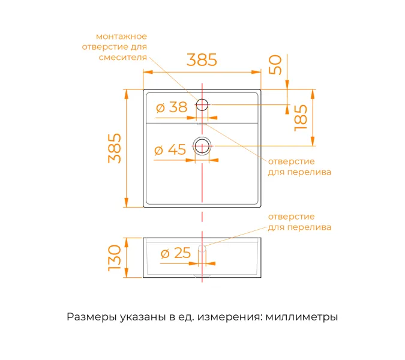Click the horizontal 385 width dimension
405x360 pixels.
coord(202,60)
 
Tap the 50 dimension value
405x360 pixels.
coord(275,65)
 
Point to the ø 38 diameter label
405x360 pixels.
coord(171,107)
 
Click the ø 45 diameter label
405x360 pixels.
coord(170,150)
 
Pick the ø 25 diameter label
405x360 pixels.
coord(175,254)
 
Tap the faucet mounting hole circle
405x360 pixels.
coord(202,106)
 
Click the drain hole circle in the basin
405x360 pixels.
coord(202,146)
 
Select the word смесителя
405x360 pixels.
coord(122,58)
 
